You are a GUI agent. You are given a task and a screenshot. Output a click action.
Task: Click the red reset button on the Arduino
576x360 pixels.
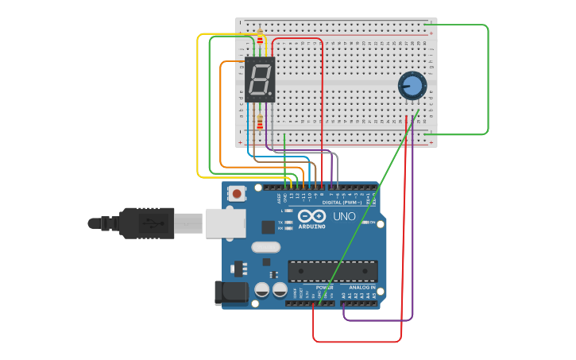[x=237, y=193]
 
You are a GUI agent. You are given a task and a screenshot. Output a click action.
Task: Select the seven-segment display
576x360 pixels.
[x=260, y=79]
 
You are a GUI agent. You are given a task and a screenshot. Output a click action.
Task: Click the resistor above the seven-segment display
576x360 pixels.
[x=260, y=37]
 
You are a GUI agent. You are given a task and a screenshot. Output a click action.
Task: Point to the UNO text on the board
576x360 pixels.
[x=344, y=216]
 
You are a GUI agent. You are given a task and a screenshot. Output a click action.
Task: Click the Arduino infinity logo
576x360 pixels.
[x=311, y=215]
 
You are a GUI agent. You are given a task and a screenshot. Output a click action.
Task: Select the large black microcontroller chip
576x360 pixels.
[x=332, y=271]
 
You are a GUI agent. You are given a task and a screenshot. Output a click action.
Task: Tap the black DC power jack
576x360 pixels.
[x=230, y=292]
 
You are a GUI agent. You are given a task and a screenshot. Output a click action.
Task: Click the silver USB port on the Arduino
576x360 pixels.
[x=226, y=223]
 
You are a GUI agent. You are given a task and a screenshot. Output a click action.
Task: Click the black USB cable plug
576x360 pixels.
[x=147, y=223]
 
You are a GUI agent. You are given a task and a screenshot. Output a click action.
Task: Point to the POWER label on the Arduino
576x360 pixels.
[x=324, y=287]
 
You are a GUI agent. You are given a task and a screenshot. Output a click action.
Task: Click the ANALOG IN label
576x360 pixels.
[x=362, y=287]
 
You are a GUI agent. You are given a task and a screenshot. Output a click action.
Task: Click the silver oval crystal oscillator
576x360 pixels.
[x=265, y=246]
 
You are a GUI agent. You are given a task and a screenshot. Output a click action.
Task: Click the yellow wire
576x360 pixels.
[x=198, y=103]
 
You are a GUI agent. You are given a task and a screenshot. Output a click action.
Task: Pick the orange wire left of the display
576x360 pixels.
[x=221, y=111]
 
